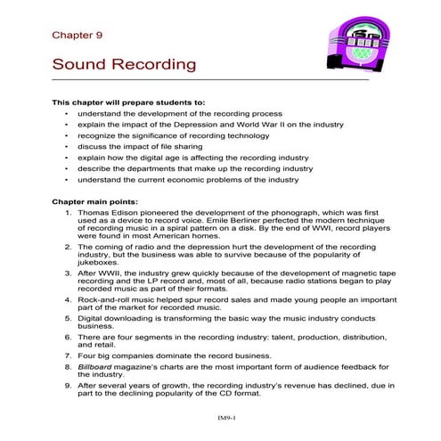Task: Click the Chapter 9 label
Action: pos(78,36)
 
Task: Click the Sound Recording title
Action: pos(124,66)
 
